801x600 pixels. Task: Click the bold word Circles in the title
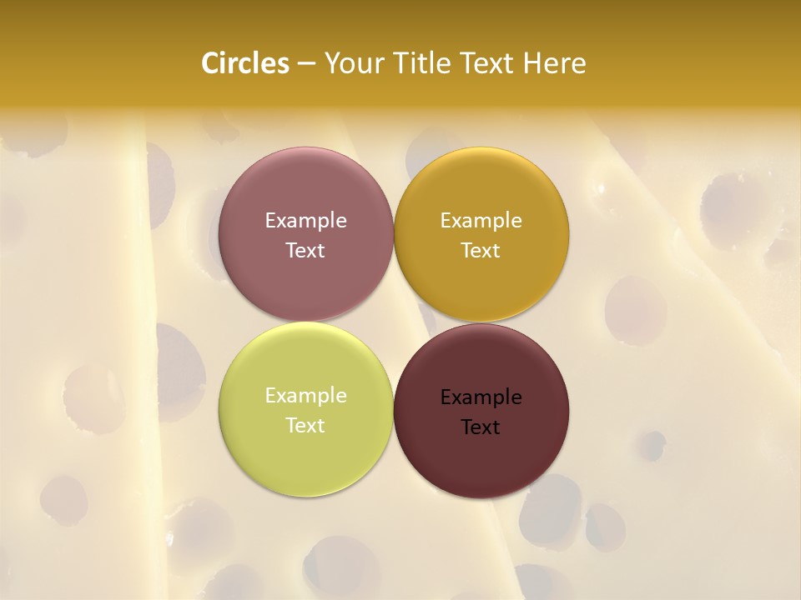click(244, 63)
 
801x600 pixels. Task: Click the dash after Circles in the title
click(306, 64)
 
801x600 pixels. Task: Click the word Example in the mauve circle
click(305, 220)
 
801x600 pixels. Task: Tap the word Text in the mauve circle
click(305, 250)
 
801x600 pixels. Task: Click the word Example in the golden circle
click(481, 220)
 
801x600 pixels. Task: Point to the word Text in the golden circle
click(481, 250)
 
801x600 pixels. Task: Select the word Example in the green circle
click(305, 395)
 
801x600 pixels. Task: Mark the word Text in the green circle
click(305, 425)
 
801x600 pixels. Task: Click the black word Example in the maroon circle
click(481, 397)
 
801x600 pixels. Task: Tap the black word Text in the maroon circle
click(481, 427)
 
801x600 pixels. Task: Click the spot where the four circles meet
click(393, 322)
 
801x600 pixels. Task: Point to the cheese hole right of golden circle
click(636, 310)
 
